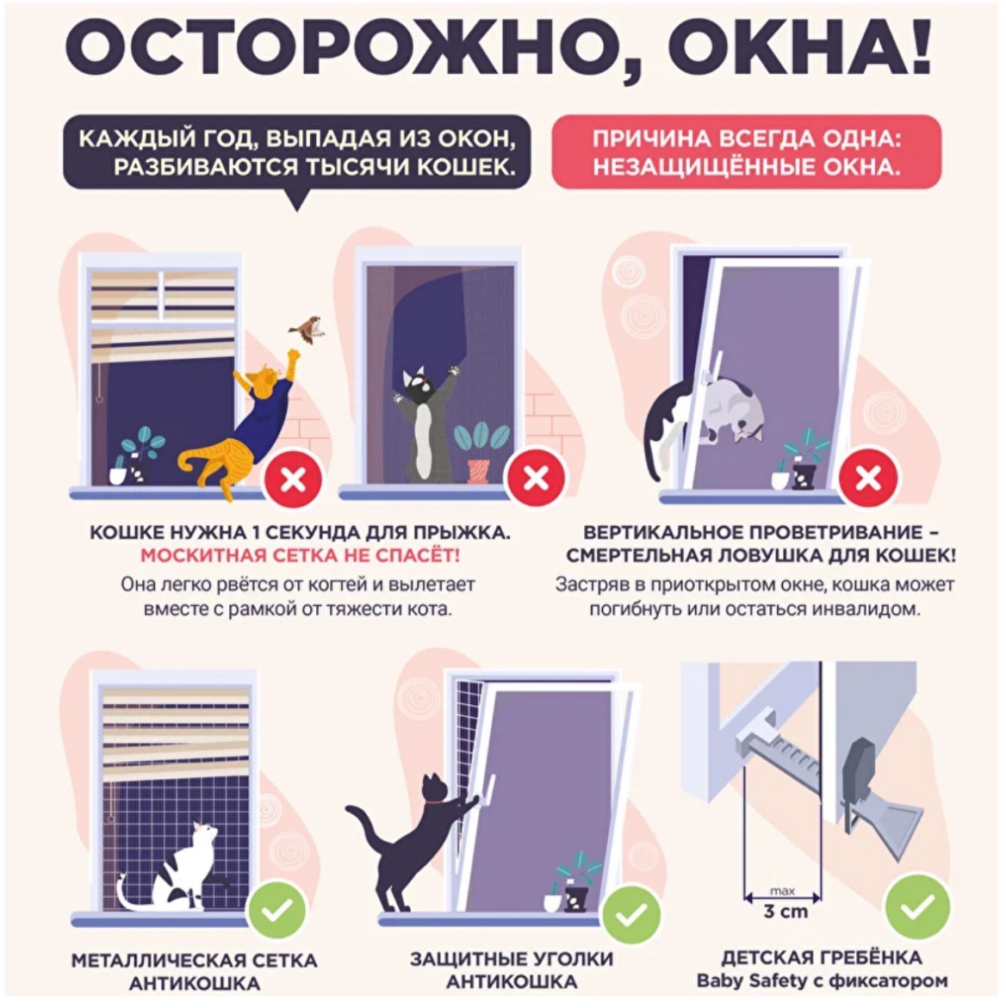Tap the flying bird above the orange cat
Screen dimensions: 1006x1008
tap(307, 328)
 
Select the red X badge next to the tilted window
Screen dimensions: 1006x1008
tap(868, 479)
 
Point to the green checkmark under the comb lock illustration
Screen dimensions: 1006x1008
tap(917, 907)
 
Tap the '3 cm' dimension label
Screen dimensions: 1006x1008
tap(786, 912)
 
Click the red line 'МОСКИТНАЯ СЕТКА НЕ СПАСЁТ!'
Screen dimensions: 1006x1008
tap(301, 555)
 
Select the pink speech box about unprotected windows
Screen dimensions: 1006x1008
tap(746, 152)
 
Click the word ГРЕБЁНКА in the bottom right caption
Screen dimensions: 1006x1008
tap(869, 957)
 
